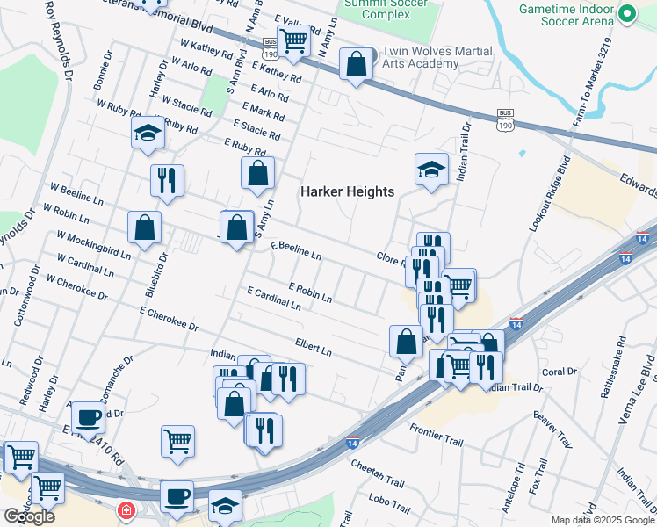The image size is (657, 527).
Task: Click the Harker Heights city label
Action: click(348, 191)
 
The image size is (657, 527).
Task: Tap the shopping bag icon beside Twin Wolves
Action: click(356, 65)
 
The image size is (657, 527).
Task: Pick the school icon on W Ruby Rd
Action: click(148, 134)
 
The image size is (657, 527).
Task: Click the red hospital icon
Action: click(127, 509)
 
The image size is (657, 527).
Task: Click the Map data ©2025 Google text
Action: click(603, 520)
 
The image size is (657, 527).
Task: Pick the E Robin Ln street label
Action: click(309, 293)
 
